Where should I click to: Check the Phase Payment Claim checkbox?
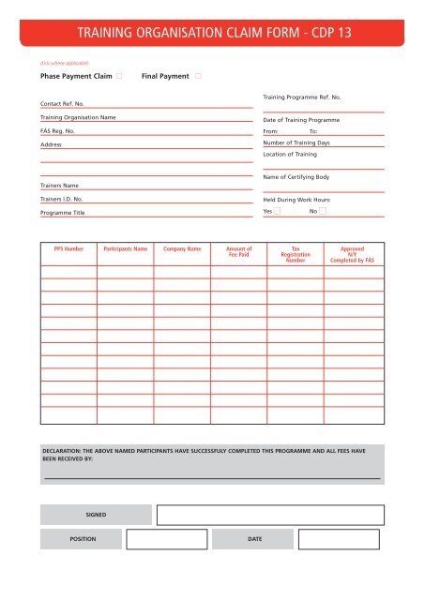pos(120,75)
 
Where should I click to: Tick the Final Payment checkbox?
pos(199,75)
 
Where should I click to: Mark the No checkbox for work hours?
pos(322,211)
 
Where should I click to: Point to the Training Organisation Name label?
pos(78,118)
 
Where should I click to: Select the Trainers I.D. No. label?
pos(61,200)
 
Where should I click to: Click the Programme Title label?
pos(62,214)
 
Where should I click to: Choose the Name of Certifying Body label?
pos(297,176)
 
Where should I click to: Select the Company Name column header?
pos(183,250)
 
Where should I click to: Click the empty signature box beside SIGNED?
pos(270,515)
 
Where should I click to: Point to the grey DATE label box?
pos(253,540)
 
